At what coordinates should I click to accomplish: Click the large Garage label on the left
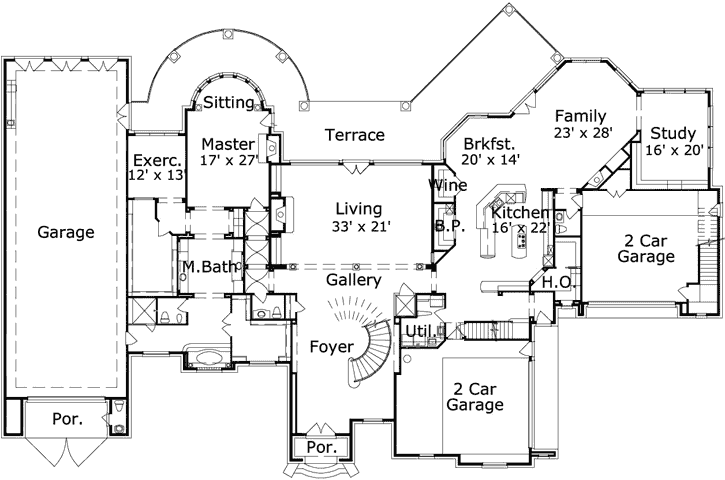(x=66, y=233)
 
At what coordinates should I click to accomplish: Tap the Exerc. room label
(x=157, y=160)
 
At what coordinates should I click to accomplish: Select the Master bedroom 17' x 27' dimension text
(x=229, y=158)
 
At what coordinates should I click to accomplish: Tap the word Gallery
(x=354, y=281)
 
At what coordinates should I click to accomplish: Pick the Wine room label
(x=447, y=185)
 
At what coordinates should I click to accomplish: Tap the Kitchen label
(x=519, y=213)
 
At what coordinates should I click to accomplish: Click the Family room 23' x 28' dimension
(x=583, y=132)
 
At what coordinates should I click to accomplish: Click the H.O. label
(x=556, y=283)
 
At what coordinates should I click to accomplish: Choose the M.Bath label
(x=207, y=267)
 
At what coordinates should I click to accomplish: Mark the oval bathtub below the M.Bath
(x=207, y=357)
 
